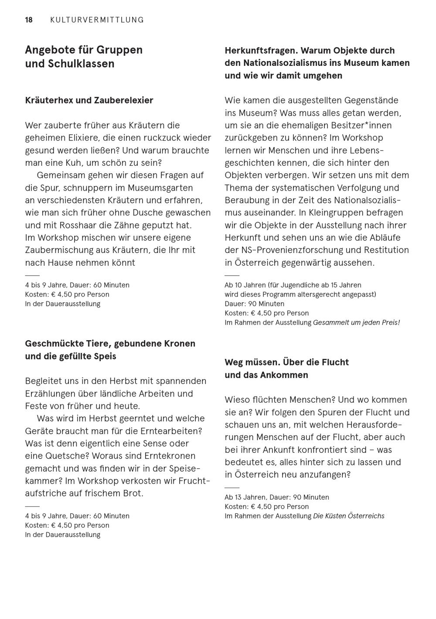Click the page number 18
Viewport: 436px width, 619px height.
(29, 20)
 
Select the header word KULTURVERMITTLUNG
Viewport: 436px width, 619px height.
(97, 20)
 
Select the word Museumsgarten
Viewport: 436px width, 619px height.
(160, 188)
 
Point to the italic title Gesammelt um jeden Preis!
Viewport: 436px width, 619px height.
(356, 323)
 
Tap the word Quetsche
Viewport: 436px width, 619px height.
(62, 456)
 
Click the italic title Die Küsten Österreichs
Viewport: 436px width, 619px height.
(349, 516)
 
